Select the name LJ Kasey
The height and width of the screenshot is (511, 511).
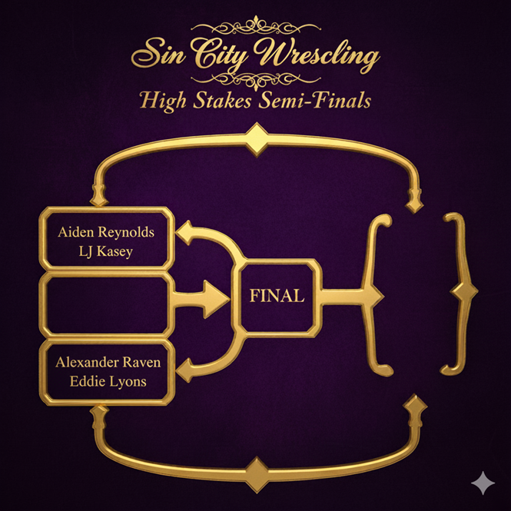click(x=106, y=251)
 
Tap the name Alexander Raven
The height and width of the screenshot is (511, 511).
click(x=107, y=363)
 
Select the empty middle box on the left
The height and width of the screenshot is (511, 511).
click(x=106, y=304)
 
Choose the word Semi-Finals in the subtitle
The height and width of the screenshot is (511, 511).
click(x=315, y=101)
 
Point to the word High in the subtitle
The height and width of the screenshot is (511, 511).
click(x=164, y=101)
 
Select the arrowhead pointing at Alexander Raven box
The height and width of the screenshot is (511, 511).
click(x=184, y=373)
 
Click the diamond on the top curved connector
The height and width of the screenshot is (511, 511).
click(x=255, y=140)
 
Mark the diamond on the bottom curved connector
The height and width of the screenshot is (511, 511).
click(x=257, y=466)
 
